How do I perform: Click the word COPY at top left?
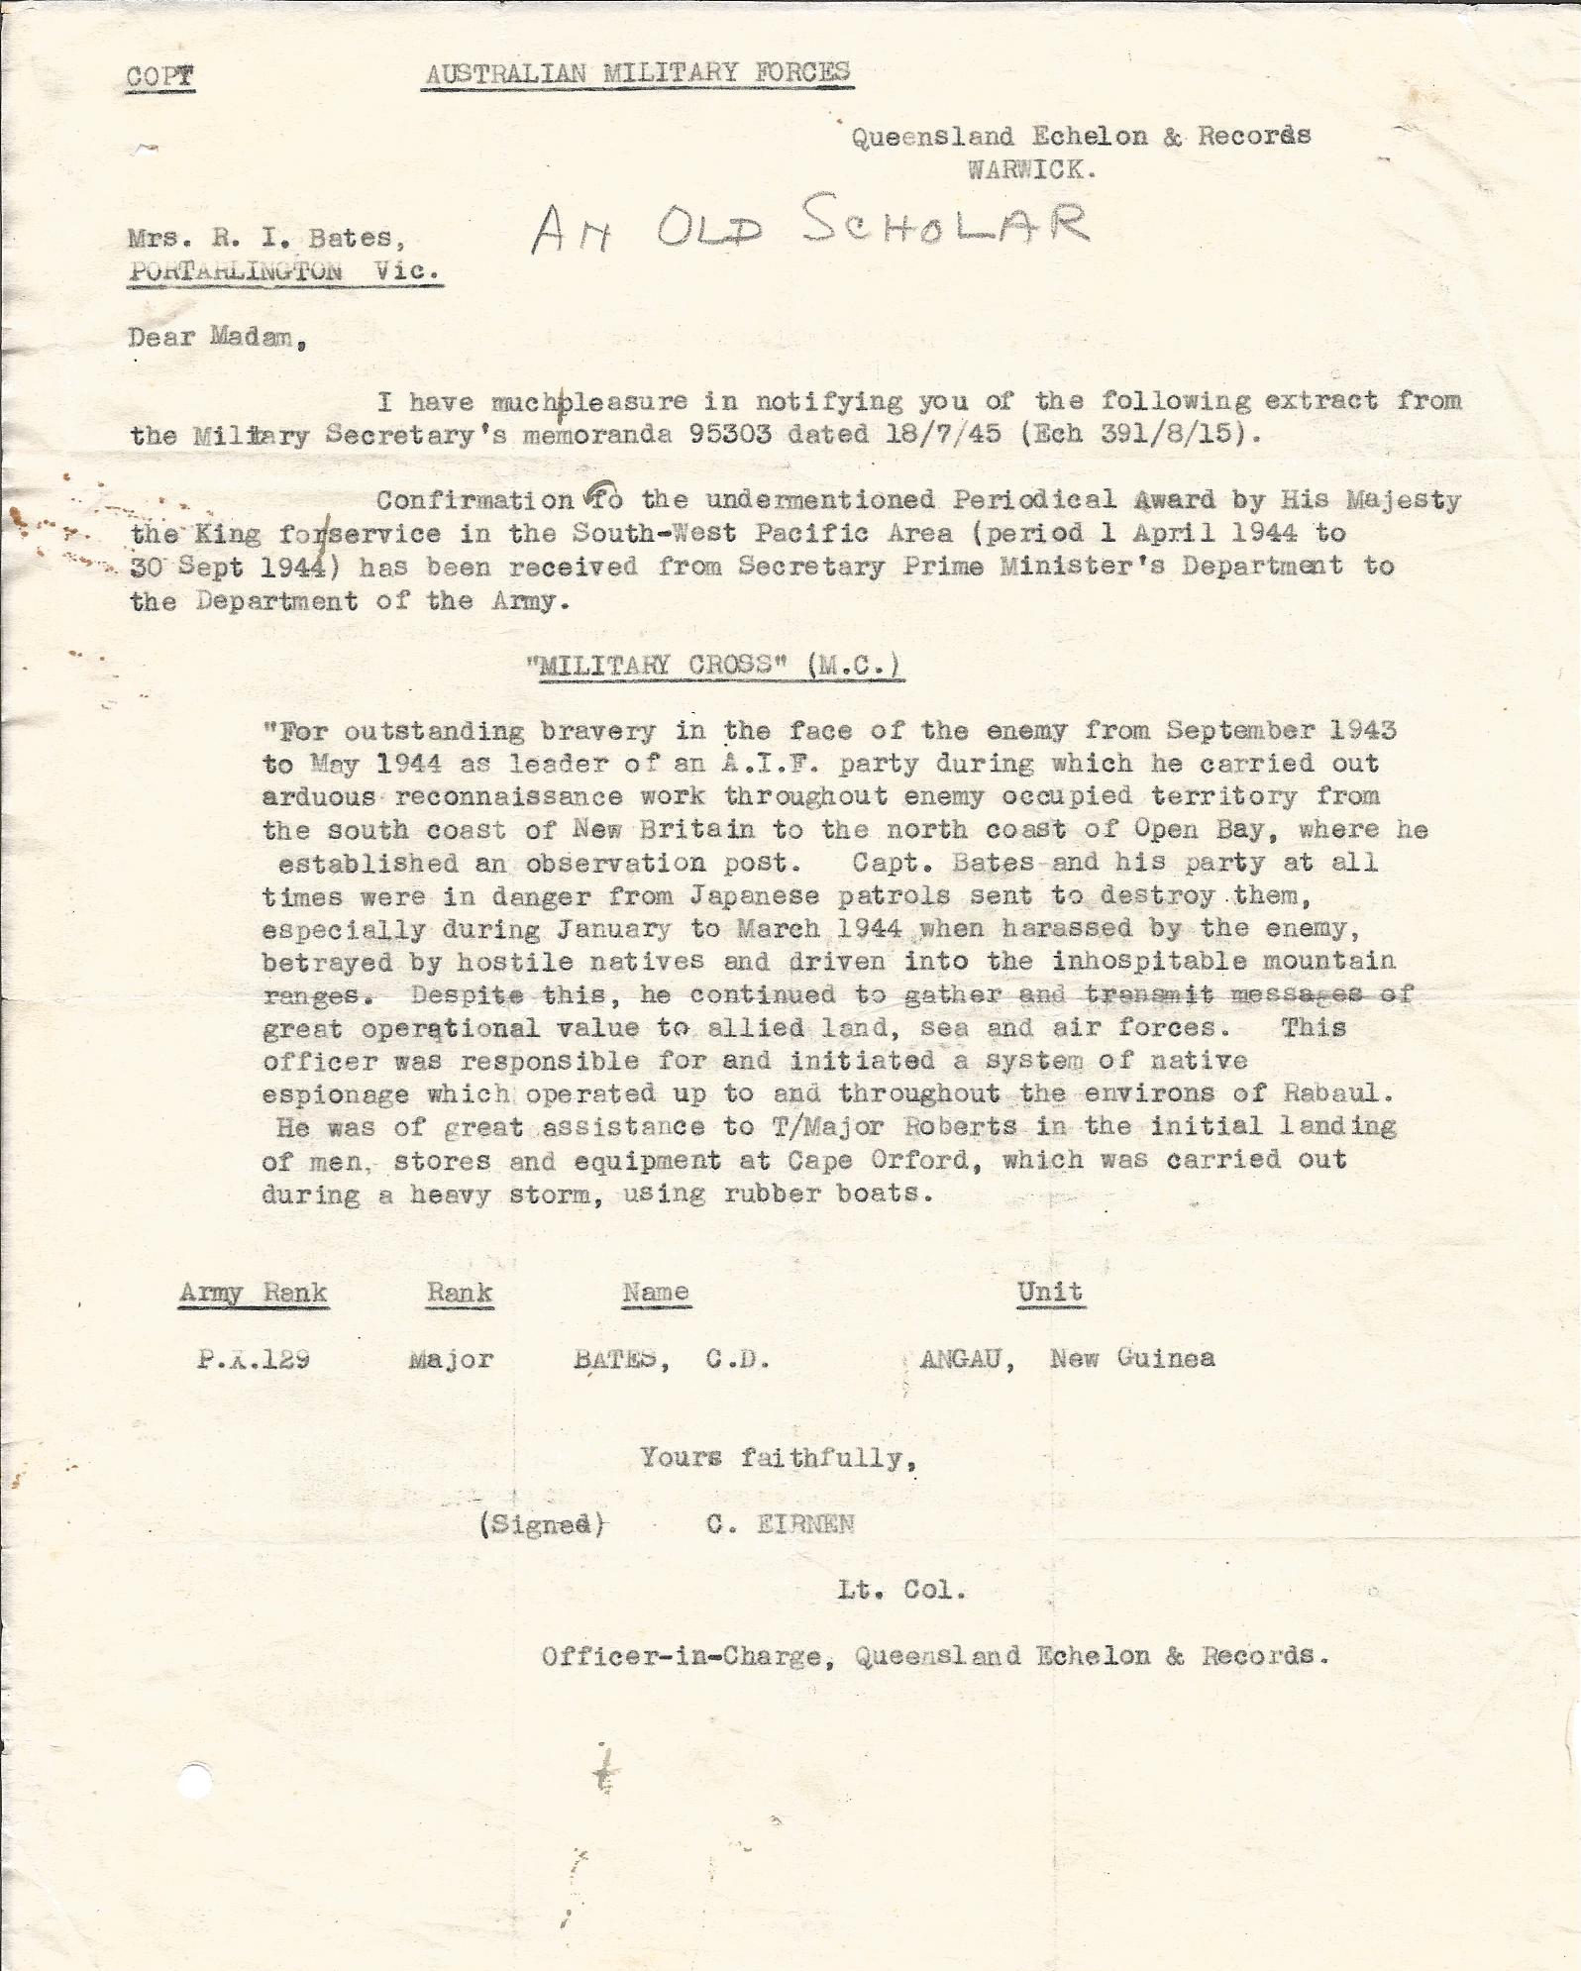click(x=159, y=77)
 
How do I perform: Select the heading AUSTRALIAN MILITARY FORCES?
click(x=637, y=72)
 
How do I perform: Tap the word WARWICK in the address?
click(x=1030, y=169)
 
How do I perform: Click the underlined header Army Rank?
click(x=253, y=1293)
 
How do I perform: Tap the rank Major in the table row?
click(x=451, y=1359)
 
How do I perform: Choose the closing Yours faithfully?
click(x=778, y=1458)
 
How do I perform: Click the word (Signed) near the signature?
click(x=541, y=1524)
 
